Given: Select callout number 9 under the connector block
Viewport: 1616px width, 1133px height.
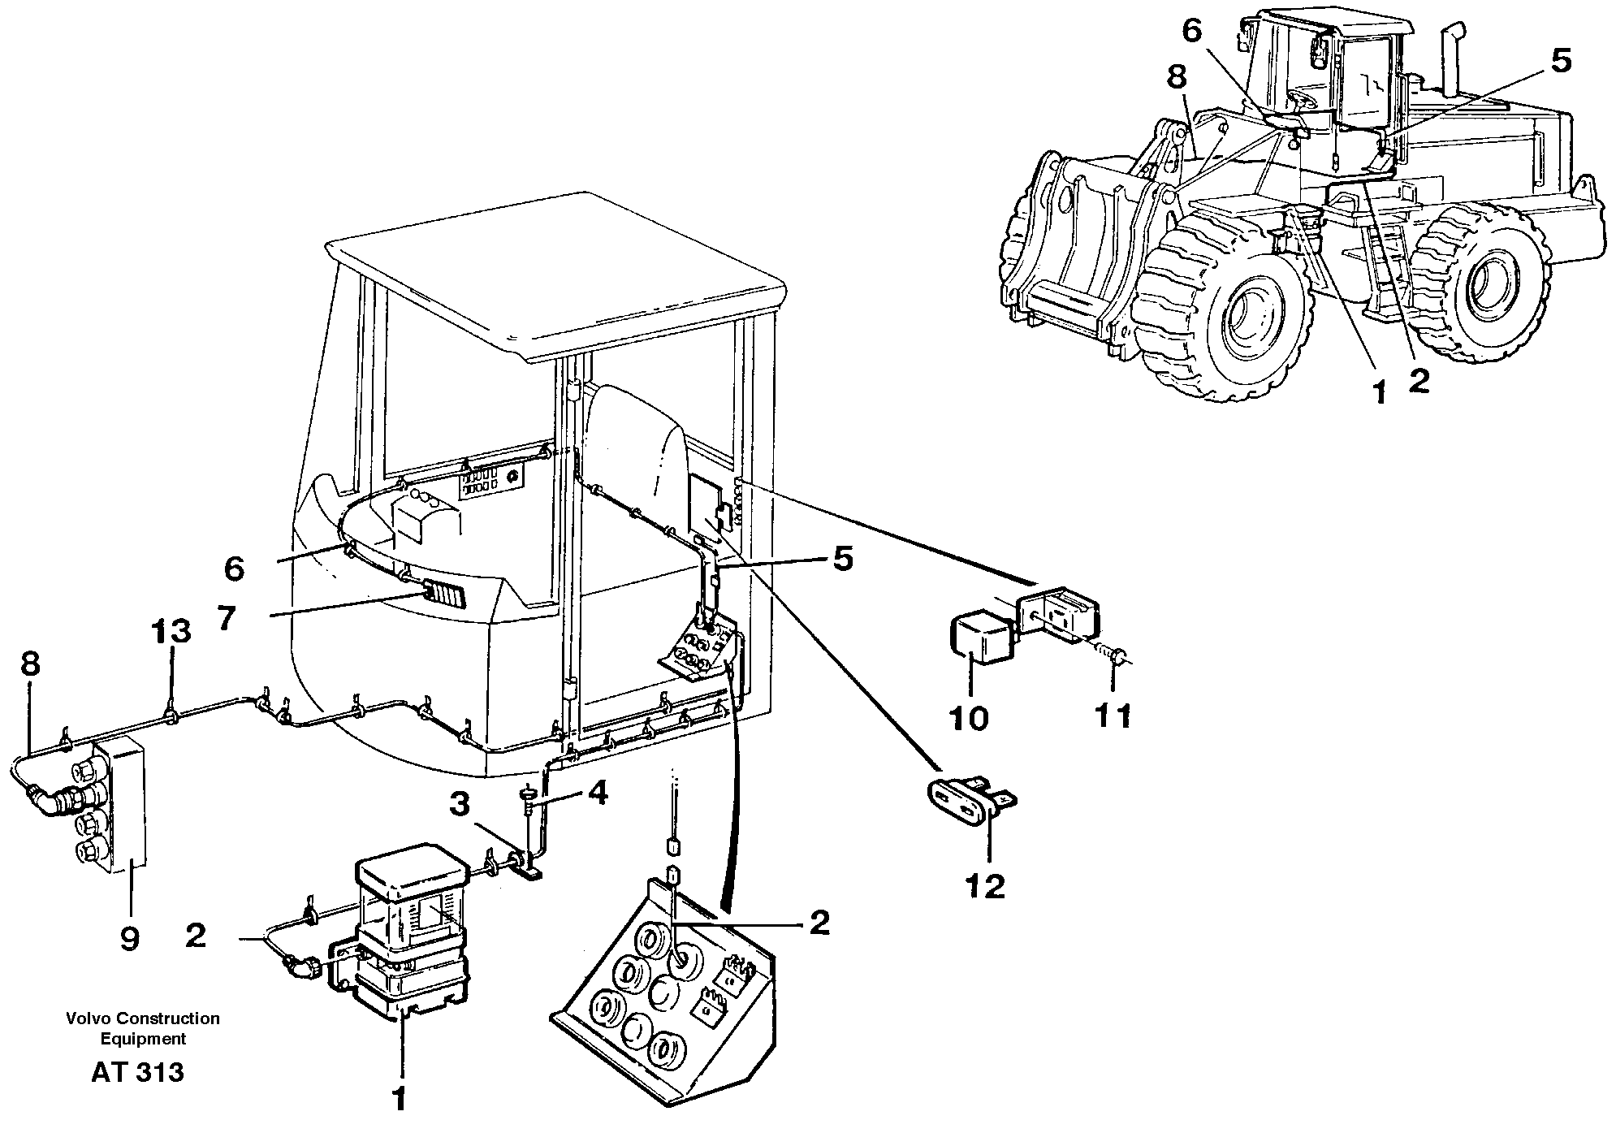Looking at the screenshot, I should click(x=129, y=940).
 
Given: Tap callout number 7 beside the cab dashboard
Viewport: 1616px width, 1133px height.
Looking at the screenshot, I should click(x=226, y=619).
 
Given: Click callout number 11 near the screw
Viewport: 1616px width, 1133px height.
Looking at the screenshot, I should click(x=1112, y=716).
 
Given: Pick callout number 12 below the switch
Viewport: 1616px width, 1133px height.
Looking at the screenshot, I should click(x=985, y=886).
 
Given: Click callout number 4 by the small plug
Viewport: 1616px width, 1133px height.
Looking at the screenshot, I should click(x=597, y=793).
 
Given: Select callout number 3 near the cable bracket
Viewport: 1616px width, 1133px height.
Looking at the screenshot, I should click(x=460, y=805).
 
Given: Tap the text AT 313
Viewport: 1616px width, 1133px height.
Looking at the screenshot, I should click(x=137, y=1073).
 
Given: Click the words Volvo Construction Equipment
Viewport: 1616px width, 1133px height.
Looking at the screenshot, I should click(x=143, y=1028).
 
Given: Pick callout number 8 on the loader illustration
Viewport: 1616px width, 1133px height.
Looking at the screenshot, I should click(x=1176, y=77).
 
